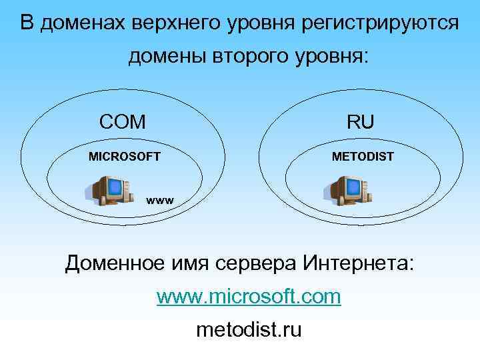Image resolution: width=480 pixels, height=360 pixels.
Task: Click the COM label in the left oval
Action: pos(122,121)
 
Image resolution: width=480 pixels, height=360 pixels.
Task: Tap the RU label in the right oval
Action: pos(360,121)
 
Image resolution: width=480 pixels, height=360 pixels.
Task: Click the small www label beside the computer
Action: pos(160,199)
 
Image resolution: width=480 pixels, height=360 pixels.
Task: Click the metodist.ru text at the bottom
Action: pos(249,329)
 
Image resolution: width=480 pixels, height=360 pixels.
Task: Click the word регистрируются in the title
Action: pos(382,24)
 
